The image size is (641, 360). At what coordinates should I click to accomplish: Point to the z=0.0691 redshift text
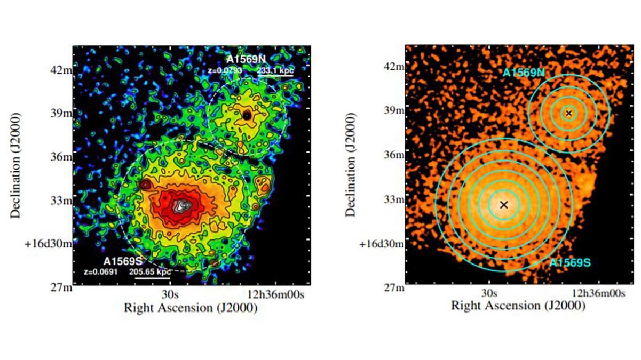[100, 272]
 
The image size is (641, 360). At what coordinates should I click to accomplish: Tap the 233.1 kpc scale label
[275, 69]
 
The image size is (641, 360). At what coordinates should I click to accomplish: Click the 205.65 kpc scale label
[149, 272]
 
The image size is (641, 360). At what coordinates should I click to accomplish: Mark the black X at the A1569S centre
[504, 204]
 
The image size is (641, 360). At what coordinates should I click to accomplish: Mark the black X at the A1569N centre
[569, 113]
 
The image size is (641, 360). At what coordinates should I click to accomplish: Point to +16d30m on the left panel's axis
[51, 244]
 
